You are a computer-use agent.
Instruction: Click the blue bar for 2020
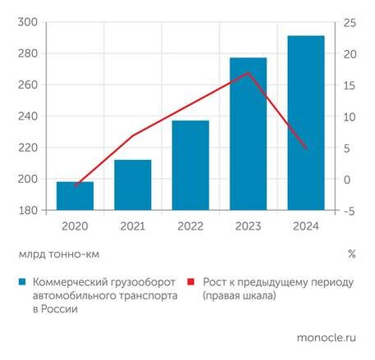coord(75,196)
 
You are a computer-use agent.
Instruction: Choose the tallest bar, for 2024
coord(305,123)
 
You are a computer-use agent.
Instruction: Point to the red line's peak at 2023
coord(248,73)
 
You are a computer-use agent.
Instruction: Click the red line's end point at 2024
coord(305,148)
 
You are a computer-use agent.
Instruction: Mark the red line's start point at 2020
coord(75,186)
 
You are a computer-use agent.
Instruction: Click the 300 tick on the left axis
coord(27,23)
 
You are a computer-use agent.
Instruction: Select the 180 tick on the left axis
coord(27,211)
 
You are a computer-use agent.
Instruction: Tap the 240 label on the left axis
coord(27,116)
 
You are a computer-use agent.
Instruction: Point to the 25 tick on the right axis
coord(349,23)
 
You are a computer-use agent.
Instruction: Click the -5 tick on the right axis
coord(349,211)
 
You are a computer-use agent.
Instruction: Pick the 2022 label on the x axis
coord(190,226)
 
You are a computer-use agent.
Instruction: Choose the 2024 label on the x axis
coord(305,226)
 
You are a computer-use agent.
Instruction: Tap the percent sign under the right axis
coord(351,254)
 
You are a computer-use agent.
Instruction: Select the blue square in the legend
coord(24,282)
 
